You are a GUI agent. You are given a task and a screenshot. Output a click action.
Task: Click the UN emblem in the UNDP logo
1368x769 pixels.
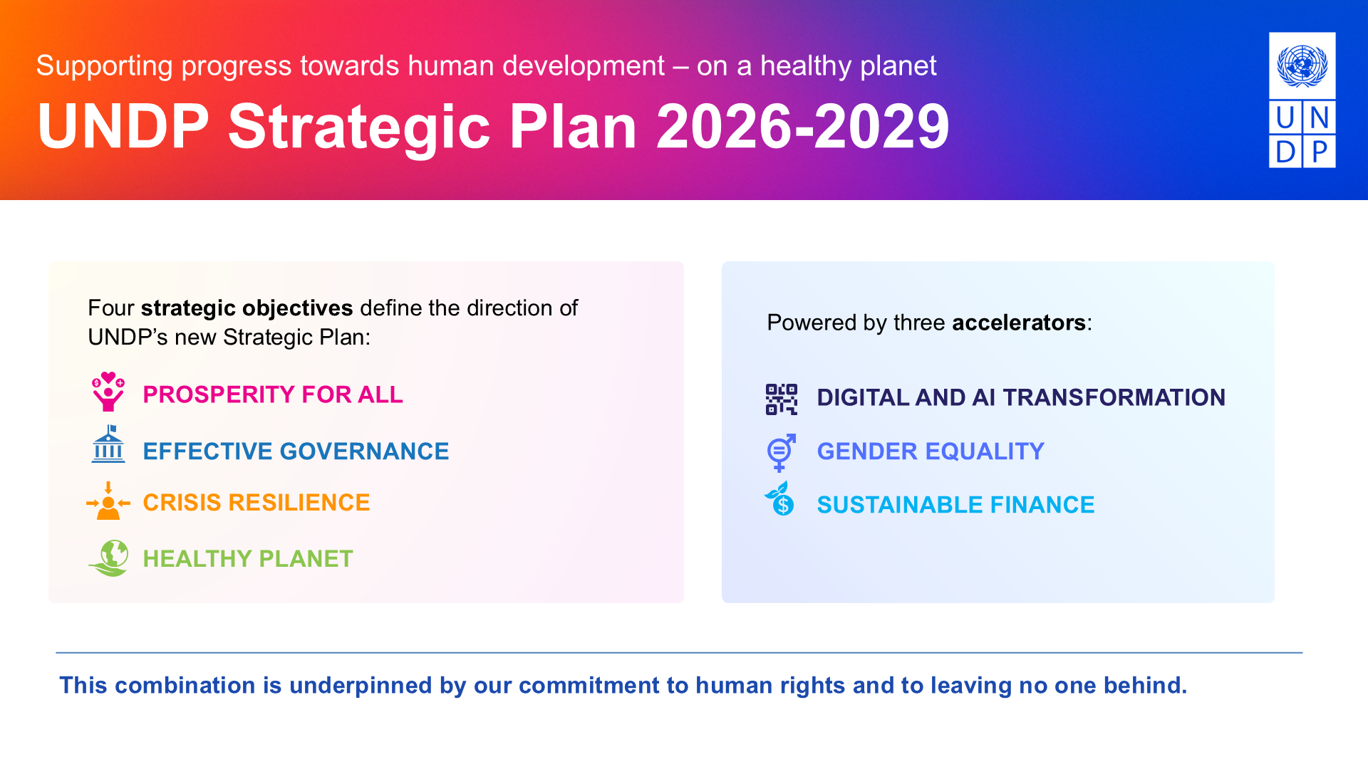pyautogui.click(x=1302, y=66)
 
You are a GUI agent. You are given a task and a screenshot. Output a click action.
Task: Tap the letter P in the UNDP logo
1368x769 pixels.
pyautogui.click(x=1320, y=152)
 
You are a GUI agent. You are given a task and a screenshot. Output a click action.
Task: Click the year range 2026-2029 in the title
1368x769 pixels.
pyautogui.click(x=802, y=126)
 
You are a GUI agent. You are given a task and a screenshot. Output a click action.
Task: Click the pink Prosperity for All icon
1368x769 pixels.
pyautogui.click(x=108, y=392)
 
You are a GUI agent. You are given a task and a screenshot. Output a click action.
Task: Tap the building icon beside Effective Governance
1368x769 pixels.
pyautogui.click(x=108, y=444)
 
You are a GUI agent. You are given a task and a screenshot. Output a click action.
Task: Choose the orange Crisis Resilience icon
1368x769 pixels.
pyautogui.click(x=108, y=501)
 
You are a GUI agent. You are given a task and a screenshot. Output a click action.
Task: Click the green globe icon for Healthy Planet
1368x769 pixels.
pyautogui.click(x=109, y=558)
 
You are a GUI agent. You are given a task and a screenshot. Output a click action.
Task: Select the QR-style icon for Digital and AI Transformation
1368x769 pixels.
pyautogui.click(x=782, y=399)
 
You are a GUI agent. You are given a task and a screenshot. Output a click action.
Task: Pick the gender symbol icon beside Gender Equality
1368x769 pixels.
pyautogui.click(x=781, y=453)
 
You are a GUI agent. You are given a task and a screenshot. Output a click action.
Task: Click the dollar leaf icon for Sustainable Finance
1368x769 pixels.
pyautogui.click(x=779, y=498)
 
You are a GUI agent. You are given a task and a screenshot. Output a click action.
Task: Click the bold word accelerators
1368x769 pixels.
pyautogui.click(x=1019, y=323)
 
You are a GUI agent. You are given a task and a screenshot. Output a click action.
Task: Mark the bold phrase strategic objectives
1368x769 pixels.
pyautogui.click(x=247, y=308)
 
